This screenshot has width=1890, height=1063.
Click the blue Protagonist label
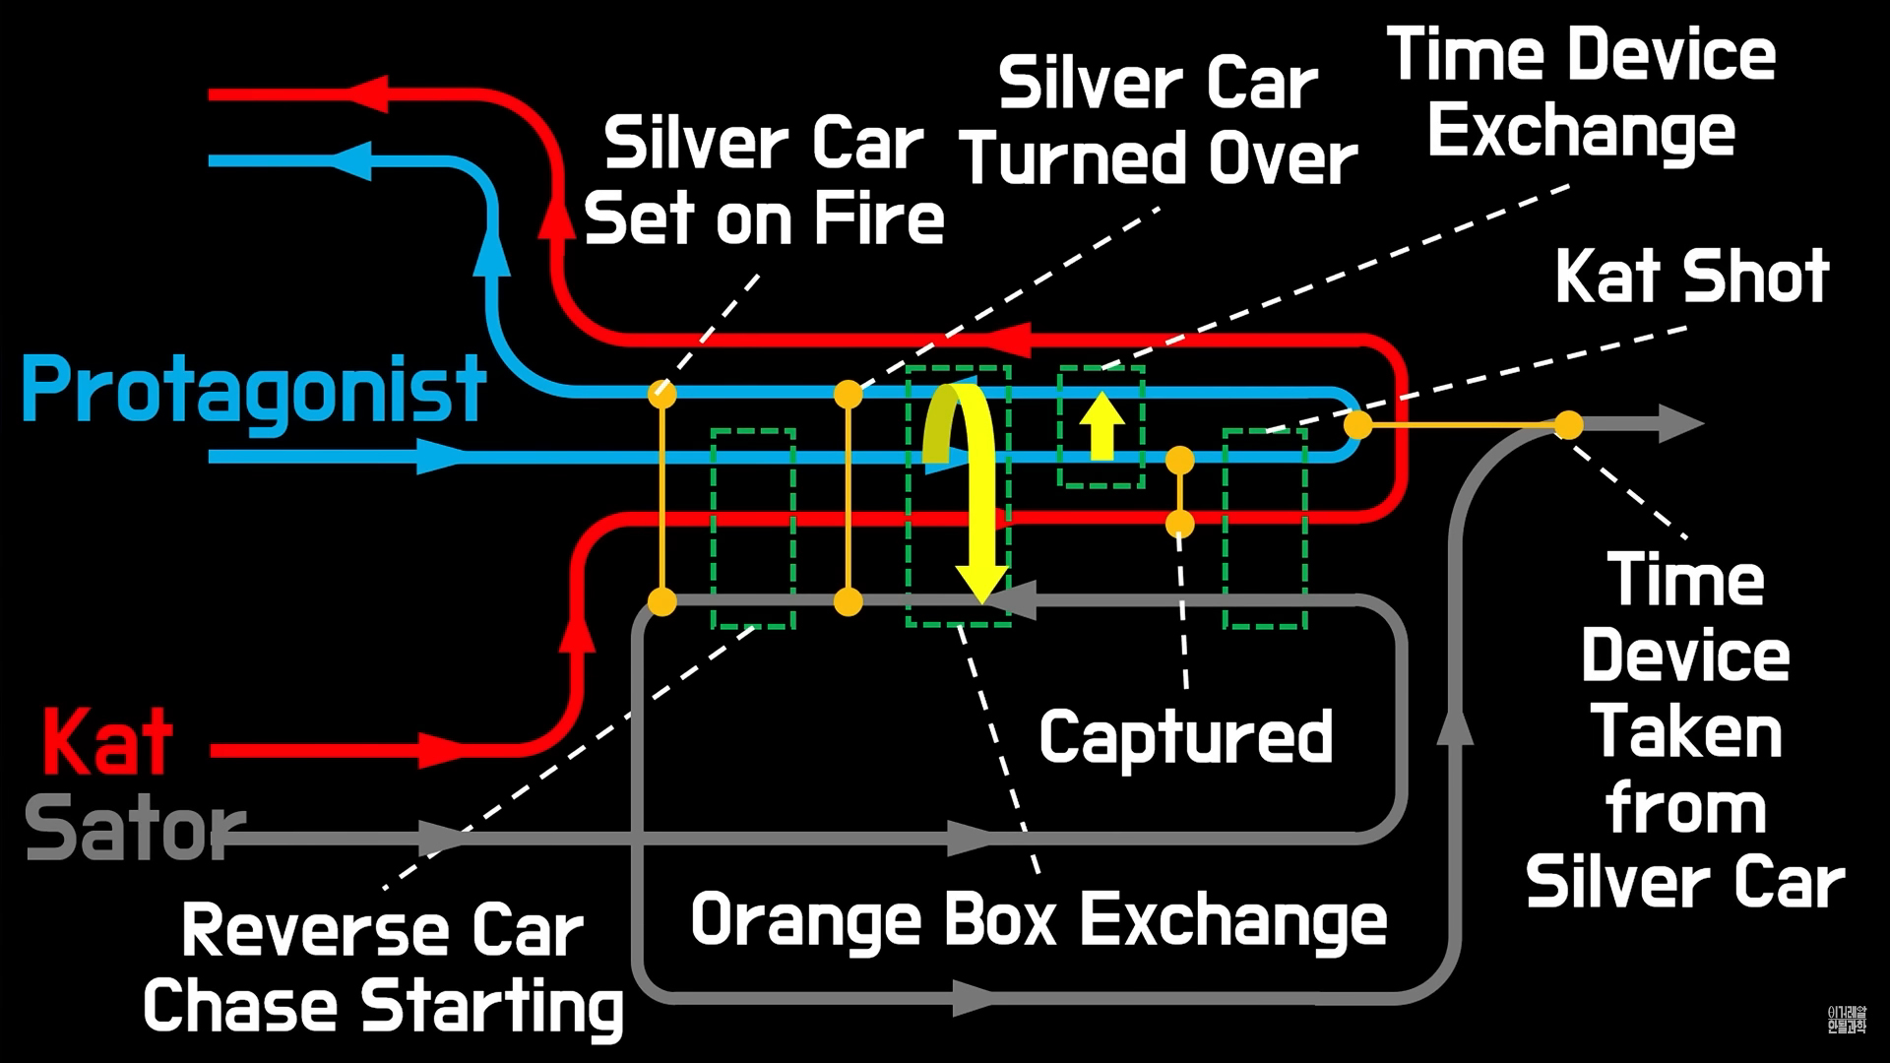coord(254,391)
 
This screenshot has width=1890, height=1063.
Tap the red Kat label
coord(107,742)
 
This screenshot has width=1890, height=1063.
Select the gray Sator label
coord(133,829)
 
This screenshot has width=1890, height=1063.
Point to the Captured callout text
coord(1185,736)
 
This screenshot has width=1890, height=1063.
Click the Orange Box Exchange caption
coord(1039,920)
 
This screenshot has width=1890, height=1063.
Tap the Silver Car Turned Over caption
coord(1159,122)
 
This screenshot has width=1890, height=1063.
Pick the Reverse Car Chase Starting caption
coord(383,969)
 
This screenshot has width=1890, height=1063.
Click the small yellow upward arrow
coord(1101,425)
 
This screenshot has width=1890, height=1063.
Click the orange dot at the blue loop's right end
coord(1358,424)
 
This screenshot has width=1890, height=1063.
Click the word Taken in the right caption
coord(1685,733)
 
